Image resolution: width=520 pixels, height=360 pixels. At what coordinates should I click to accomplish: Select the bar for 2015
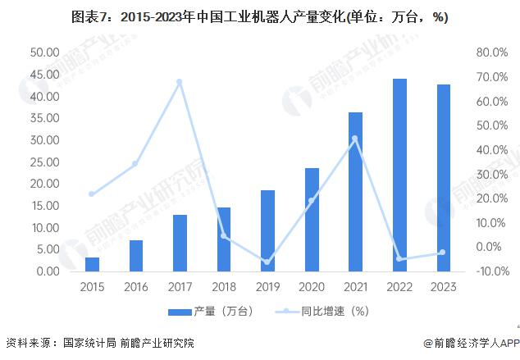click(x=92, y=264)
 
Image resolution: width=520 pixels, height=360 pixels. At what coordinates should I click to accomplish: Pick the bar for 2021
click(x=355, y=192)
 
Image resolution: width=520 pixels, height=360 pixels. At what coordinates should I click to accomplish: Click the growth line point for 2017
click(x=180, y=82)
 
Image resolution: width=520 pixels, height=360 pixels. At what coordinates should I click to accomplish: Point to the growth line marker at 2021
click(x=355, y=139)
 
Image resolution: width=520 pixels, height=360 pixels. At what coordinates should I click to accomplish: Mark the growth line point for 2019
click(x=267, y=262)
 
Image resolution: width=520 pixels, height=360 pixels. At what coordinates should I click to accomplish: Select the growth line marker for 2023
click(x=444, y=253)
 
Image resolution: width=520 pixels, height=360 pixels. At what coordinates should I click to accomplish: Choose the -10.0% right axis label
click(x=490, y=271)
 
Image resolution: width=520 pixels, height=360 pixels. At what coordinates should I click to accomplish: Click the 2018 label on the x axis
click(x=224, y=287)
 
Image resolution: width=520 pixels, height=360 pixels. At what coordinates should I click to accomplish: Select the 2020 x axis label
click(x=312, y=287)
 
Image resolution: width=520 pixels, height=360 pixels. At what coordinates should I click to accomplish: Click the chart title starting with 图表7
click(x=260, y=17)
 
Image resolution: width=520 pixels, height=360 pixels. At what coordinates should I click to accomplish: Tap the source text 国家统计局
click(x=86, y=344)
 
